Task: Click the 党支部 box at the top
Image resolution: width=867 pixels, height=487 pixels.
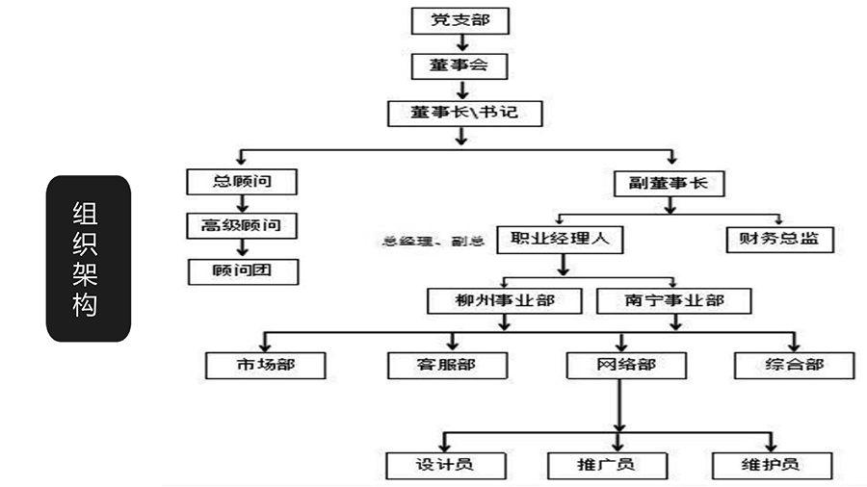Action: point(460,20)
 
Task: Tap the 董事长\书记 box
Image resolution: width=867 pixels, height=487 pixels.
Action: point(464,113)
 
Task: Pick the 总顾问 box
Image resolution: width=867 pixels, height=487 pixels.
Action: point(242,181)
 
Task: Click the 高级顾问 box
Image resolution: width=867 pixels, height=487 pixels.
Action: point(242,226)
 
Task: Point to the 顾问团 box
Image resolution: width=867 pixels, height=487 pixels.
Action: point(243,270)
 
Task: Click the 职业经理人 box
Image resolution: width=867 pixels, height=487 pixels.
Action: point(560,239)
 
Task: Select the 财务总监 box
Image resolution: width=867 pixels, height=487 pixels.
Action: point(779,239)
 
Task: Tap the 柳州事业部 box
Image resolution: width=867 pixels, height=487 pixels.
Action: point(505,300)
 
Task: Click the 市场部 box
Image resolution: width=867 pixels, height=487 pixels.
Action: point(265,365)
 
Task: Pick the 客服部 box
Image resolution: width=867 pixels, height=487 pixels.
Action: point(446,365)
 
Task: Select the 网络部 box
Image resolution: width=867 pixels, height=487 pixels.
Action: point(626,365)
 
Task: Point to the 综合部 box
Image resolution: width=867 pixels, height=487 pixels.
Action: point(794,365)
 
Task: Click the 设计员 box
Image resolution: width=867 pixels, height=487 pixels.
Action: point(444,464)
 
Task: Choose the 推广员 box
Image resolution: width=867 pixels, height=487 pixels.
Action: point(606,464)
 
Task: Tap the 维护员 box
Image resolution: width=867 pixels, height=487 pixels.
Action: point(771,464)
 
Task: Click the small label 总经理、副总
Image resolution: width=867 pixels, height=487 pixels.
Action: point(433,241)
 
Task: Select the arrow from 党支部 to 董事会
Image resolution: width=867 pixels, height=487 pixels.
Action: point(462,43)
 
